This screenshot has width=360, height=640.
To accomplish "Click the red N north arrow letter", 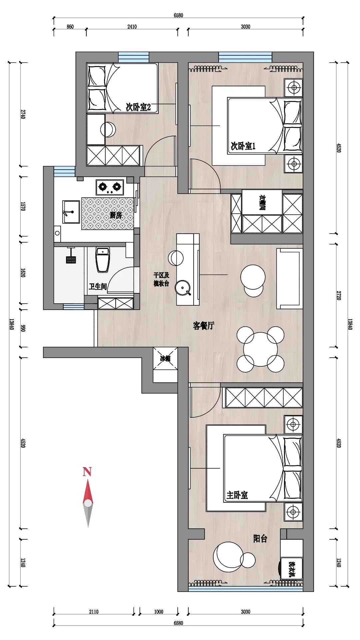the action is (87, 472).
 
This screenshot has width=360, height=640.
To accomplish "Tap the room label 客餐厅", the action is (203, 326).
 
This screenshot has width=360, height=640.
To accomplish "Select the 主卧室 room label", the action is (237, 495).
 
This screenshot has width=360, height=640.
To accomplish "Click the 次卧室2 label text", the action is (138, 107).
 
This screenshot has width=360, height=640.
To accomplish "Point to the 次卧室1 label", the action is (243, 146).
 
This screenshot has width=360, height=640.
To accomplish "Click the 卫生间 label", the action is (98, 287).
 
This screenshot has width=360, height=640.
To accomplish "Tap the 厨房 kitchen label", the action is (116, 215).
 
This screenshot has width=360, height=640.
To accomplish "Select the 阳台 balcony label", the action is (260, 538).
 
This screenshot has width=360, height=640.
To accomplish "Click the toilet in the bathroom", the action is (103, 259).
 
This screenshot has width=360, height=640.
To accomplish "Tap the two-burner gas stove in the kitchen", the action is (110, 187).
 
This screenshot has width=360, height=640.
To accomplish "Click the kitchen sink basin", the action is (71, 212).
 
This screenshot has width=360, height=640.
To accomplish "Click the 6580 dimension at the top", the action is (178, 15).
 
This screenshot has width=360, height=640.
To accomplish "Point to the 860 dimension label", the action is (70, 27).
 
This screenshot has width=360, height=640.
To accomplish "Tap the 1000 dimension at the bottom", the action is (159, 612).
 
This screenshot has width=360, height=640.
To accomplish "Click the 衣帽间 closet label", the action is (262, 202).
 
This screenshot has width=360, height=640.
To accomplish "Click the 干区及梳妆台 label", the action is (161, 279).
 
